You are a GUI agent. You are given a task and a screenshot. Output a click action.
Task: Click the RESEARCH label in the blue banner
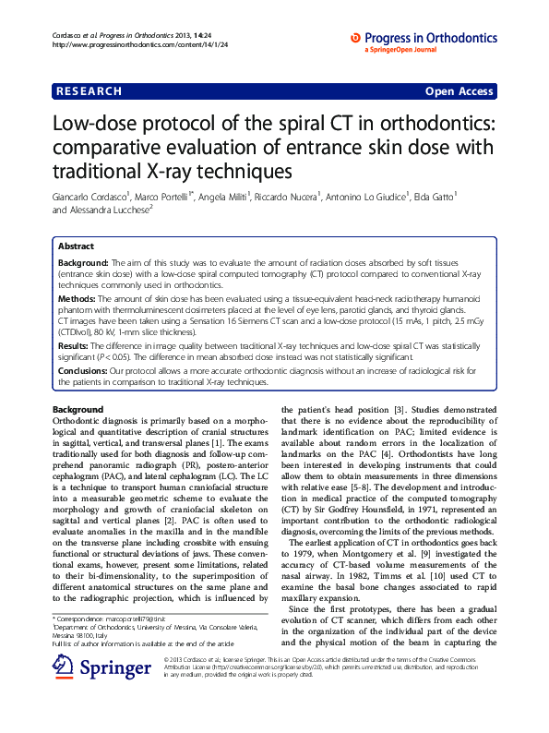(x=89, y=91)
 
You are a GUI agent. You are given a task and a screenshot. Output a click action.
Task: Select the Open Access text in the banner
(x=459, y=91)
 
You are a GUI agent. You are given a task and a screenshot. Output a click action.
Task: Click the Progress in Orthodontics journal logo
(x=425, y=36)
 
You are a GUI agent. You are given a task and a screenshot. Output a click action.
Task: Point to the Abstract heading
(x=76, y=246)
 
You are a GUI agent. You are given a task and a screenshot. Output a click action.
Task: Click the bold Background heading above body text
(x=78, y=409)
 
